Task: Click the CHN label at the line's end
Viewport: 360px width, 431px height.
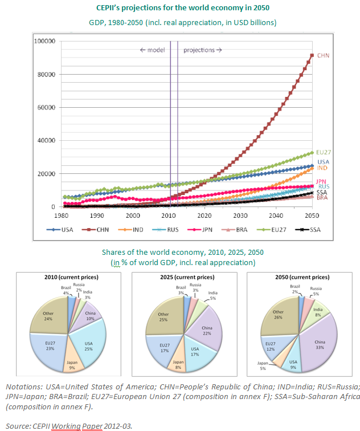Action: click(x=324, y=56)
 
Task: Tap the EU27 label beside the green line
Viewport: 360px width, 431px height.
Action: click(x=324, y=152)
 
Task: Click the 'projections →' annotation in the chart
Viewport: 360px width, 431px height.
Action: click(x=202, y=50)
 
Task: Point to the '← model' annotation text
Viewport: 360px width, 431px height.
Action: click(x=152, y=50)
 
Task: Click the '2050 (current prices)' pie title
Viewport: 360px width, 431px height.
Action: click(x=299, y=277)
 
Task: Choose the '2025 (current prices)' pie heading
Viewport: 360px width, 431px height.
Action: click(x=185, y=277)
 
